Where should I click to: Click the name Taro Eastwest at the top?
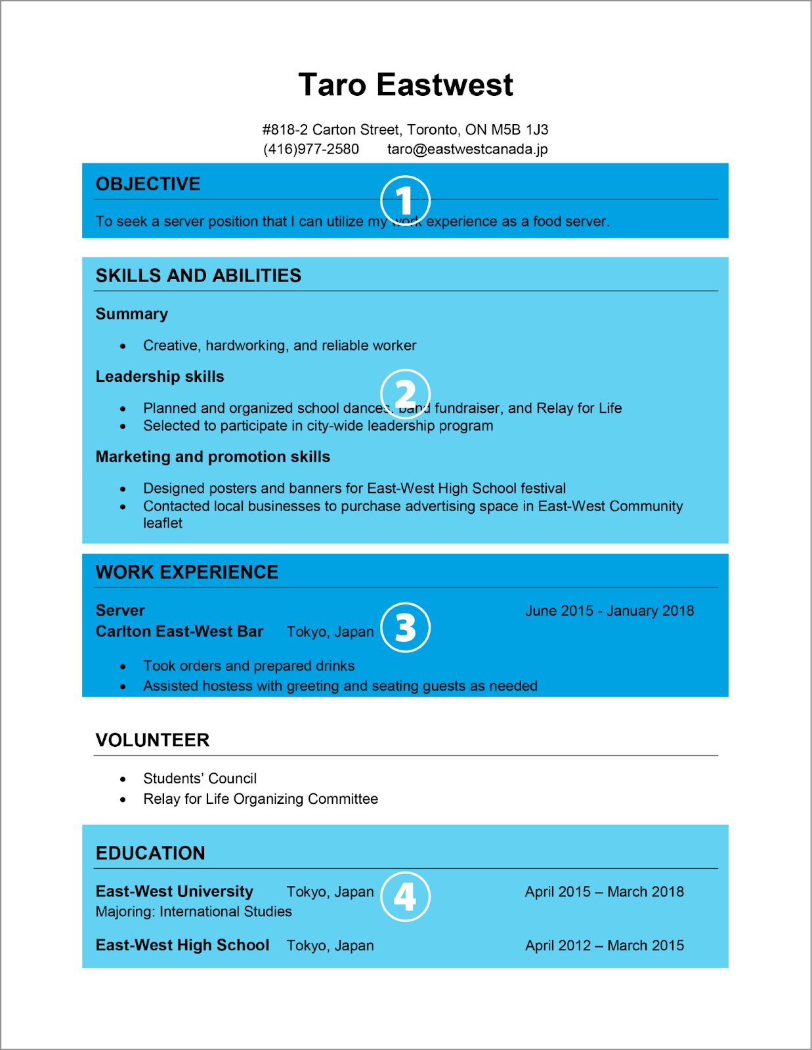(x=406, y=85)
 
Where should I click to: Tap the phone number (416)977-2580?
(x=311, y=149)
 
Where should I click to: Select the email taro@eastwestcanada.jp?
(x=467, y=149)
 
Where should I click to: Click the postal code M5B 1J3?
(x=520, y=129)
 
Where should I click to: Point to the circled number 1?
(x=405, y=200)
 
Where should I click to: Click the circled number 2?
(x=405, y=394)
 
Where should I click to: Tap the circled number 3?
(x=405, y=627)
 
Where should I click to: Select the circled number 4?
(x=405, y=896)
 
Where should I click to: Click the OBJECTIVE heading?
(x=148, y=184)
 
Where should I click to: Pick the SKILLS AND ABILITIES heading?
(x=198, y=276)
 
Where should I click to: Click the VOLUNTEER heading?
(x=152, y=740)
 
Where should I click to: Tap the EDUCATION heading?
(x=150, y=853)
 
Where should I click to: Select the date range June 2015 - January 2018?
(x=609, y=611)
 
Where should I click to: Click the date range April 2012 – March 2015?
(x=604, y=946)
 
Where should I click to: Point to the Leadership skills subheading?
(x=160, y=377)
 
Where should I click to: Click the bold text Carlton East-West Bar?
(x=179, y=631)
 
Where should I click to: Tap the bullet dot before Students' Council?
(x=123, y=779)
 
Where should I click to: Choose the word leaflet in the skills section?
(x=163, y=523)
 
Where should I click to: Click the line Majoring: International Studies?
(x=194, y=912)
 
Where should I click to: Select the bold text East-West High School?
(x=182, y=945)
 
